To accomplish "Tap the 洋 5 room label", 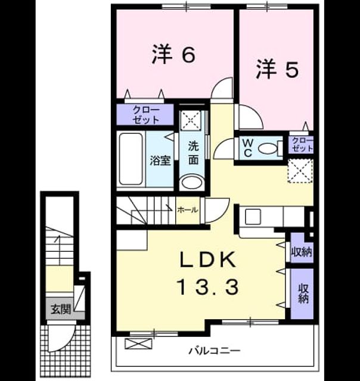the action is [277, 69].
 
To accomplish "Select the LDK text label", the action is [207, 260].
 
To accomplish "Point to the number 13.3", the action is [209, 287].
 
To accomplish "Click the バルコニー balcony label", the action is [215, 351].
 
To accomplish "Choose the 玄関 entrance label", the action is [61, 310].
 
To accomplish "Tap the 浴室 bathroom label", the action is [160, 160].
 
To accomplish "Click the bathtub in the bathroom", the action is [131, 159].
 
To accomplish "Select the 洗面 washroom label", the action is [194, 153].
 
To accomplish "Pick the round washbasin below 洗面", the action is [192, 183].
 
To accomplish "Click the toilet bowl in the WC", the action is [268, 148].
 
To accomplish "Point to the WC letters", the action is [248, 148].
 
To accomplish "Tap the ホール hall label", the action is [188, 210].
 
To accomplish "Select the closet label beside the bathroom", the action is [145, 115].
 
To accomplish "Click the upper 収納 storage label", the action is [302, 252].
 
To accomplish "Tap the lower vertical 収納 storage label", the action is [303, 293].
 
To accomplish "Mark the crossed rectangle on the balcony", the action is [138, 343].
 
